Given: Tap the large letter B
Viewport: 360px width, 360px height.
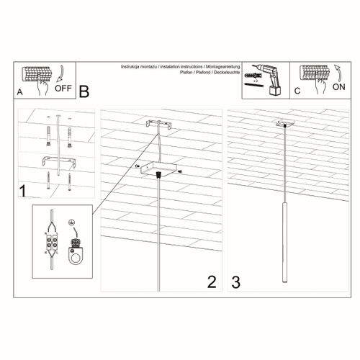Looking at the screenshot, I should pyautogui.click(x=84, y=91).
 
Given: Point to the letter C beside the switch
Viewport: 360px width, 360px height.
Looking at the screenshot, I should pyautogui.click(x=297, y=93).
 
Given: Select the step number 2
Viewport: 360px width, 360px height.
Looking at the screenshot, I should pyautogui.click(x=211, y=282).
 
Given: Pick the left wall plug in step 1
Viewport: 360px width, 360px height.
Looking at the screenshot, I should pyautogui.click(x=48, y=135).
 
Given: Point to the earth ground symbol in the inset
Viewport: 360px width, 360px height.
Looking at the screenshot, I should pyautogui.click(x=71, y=222).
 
